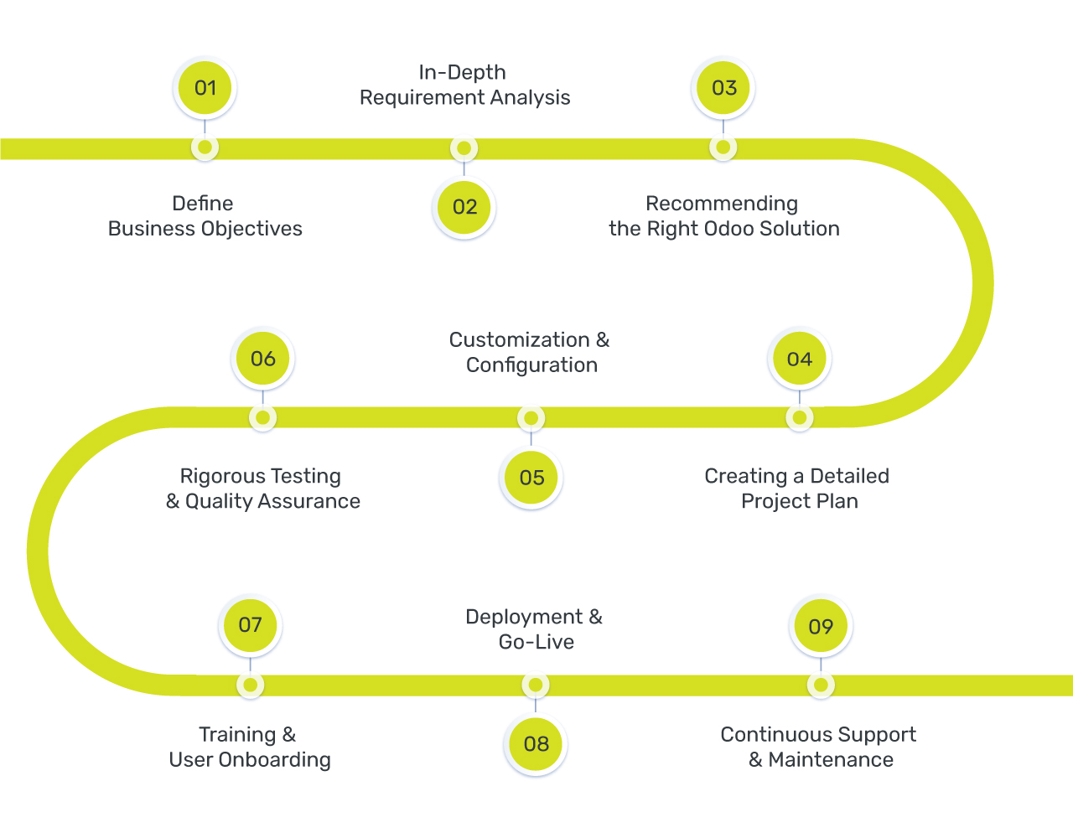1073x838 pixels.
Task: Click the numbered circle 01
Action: click(x=205, y=88)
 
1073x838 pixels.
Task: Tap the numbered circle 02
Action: click(x=464, y=207)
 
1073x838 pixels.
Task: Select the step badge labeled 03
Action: click(x=723, y=88)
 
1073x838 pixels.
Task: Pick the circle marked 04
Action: click(x=799, y=360)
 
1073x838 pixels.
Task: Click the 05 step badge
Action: click(x=531, y=478)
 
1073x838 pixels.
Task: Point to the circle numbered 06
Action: click(x=262, y=359)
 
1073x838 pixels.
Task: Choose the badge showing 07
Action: click(x=250, y=625)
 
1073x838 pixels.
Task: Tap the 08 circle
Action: click(x=536, y=744)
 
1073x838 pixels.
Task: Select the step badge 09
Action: click(x=821, y=626)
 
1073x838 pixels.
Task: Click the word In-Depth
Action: click(x=462, y=73)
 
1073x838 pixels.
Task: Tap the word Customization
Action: click(x=520, y=340)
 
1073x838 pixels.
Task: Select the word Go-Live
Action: click(x=536, y=643)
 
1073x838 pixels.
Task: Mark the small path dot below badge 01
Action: click(x=205, y=148)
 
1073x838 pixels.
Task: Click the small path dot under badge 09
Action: click(x=821, y=685)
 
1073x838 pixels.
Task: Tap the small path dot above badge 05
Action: click(x=531, y=418)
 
